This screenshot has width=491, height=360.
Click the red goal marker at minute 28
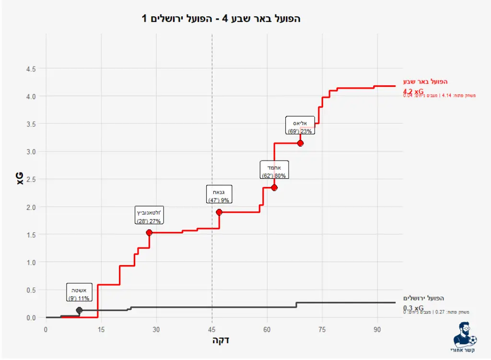pos(149,232)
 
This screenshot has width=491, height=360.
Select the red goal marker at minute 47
pos(219,212)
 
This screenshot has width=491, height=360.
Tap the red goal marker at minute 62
pos(274,187)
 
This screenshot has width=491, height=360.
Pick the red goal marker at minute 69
pos(300,143)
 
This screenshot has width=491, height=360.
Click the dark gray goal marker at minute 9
pos(79,310)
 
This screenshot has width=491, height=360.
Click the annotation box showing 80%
pos(274,170)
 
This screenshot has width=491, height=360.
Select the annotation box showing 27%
pos(149,216)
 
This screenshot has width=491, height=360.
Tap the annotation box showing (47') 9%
pos(219,194)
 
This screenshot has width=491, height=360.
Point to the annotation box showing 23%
pos(300,125)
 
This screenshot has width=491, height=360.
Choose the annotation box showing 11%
pos(79,292)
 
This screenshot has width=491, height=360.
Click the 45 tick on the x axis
pos(212,329)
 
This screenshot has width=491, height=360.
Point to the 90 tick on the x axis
pos(377,329)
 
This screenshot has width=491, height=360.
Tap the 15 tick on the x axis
pos(101,329)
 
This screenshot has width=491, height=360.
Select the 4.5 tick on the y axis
pos(31,69)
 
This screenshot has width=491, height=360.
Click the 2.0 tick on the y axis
pos(31,207)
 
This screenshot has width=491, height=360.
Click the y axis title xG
pos(20,179)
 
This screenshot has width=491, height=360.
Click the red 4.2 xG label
pos(413,91)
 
